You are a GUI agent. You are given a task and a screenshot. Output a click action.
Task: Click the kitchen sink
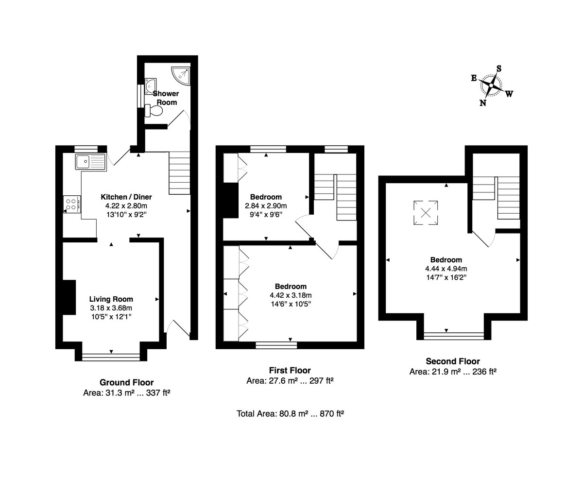(x=90, y=162)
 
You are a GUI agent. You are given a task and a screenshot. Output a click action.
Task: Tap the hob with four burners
(x=72, y=204)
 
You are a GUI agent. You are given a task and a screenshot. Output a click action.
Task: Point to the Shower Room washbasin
(x=150, y=86)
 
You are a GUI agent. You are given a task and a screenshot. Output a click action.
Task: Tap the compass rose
(x=492, y=86)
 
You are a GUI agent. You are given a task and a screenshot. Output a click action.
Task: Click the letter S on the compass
(x=499, y=69)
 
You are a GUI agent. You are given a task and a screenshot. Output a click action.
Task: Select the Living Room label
(x=111, y=299)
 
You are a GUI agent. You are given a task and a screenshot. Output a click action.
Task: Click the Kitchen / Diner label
(x=126, y=197)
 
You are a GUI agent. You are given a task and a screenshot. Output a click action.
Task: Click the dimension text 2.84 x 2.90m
(x=266, y=205)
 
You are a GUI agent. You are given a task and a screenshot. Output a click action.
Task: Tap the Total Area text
(x=290, y=414)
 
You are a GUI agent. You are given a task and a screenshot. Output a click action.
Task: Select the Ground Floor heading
(x=126, y=382)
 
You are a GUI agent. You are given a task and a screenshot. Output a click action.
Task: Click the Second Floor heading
(x=452, y=361)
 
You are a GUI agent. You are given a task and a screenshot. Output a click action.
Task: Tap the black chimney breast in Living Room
(x=69, y=297)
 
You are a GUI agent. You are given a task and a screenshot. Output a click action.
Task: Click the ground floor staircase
(x=179, y=173)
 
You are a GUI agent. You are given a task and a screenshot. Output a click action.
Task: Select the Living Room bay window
(x=111, y=357)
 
